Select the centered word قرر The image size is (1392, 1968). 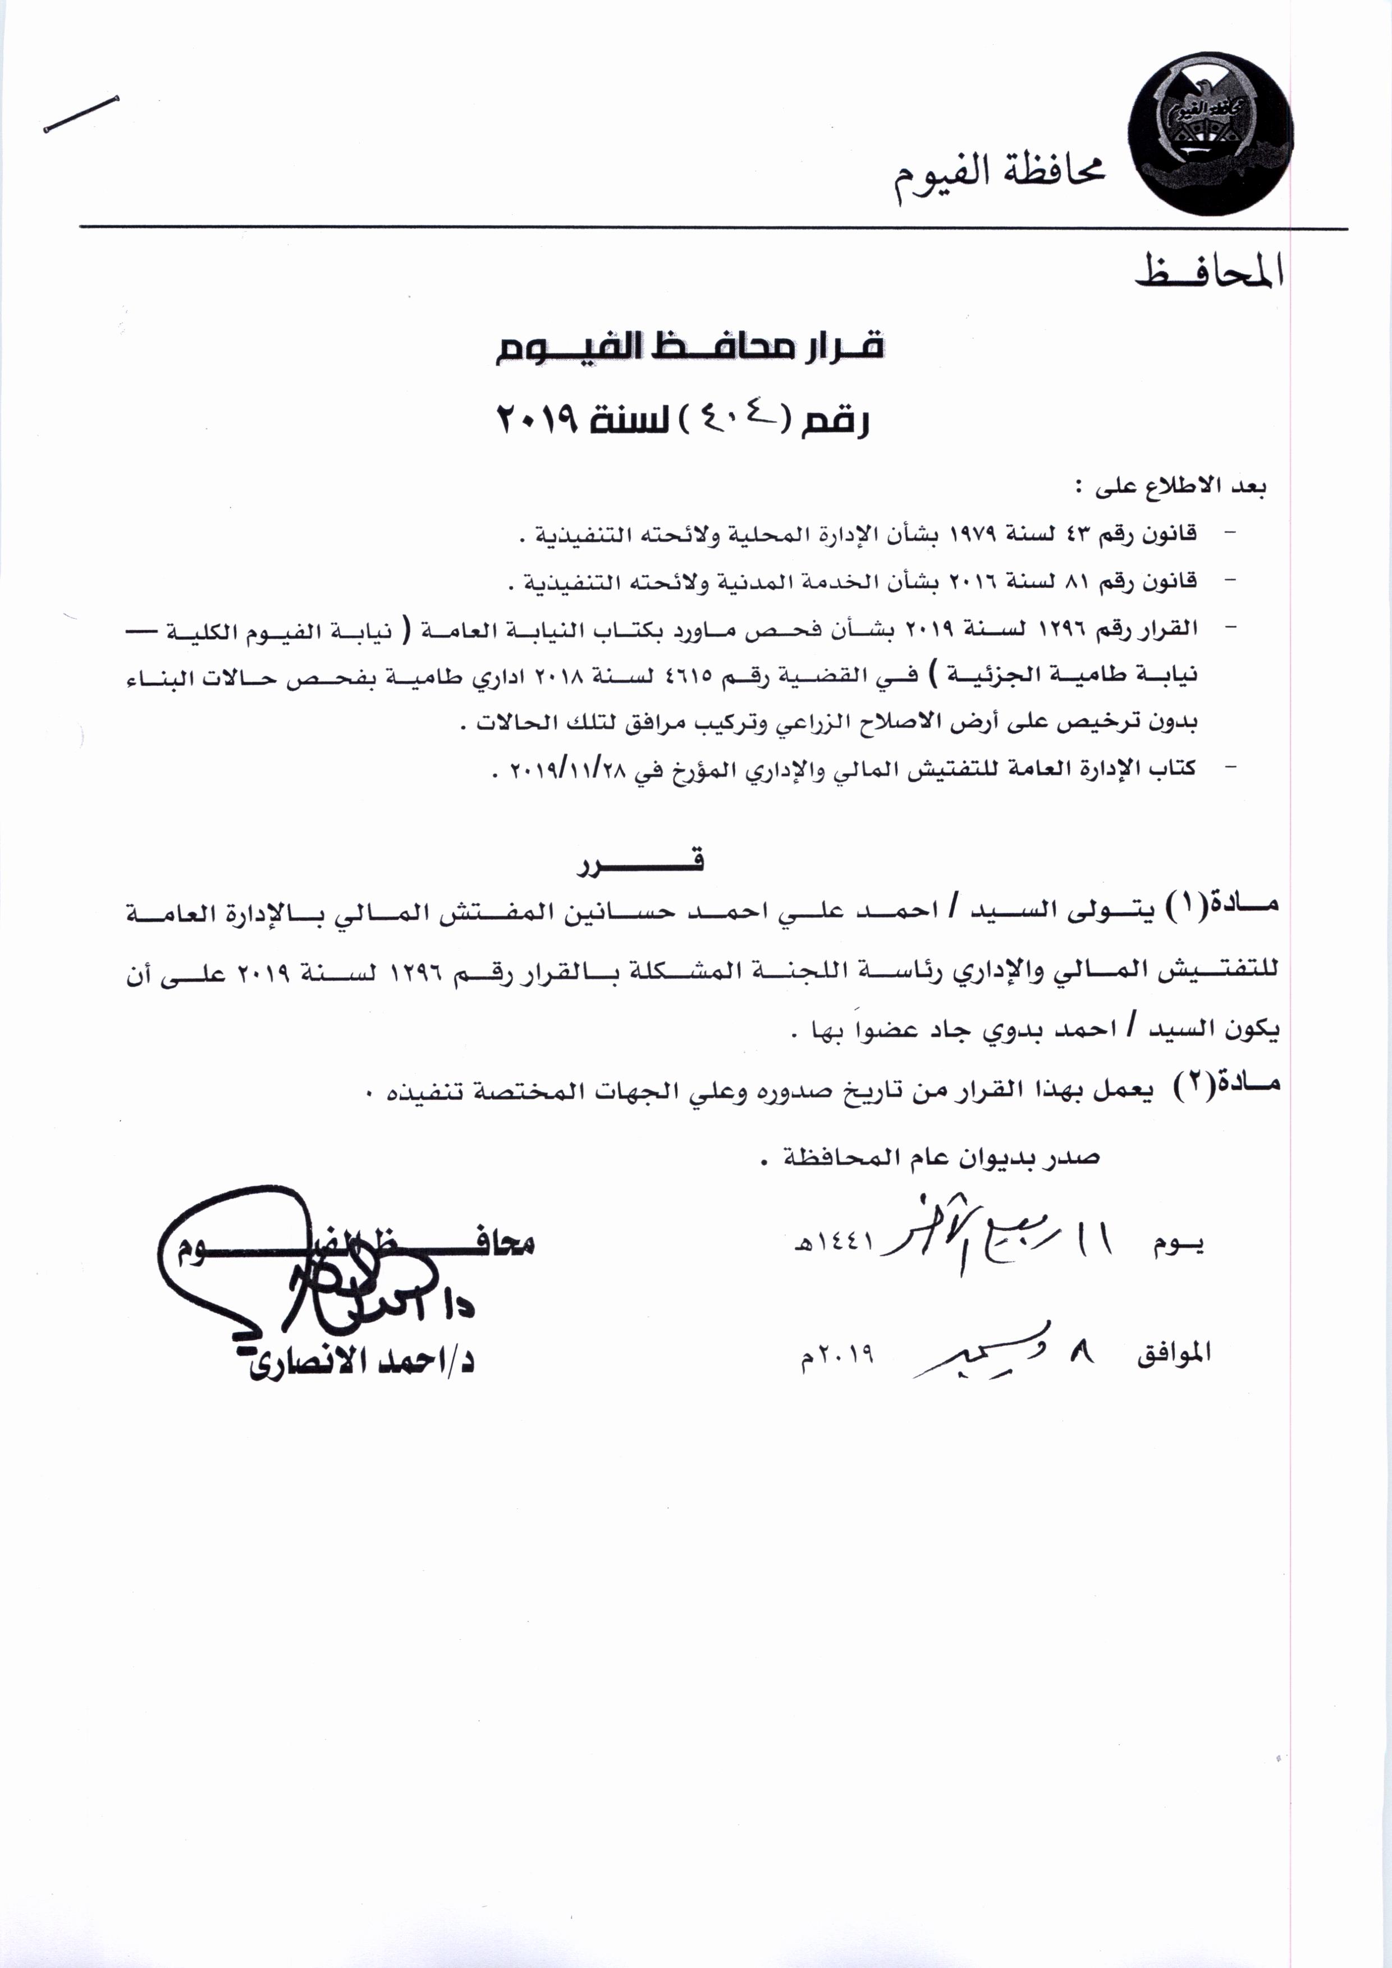641,863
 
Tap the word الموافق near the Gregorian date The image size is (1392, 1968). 1174,1352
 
